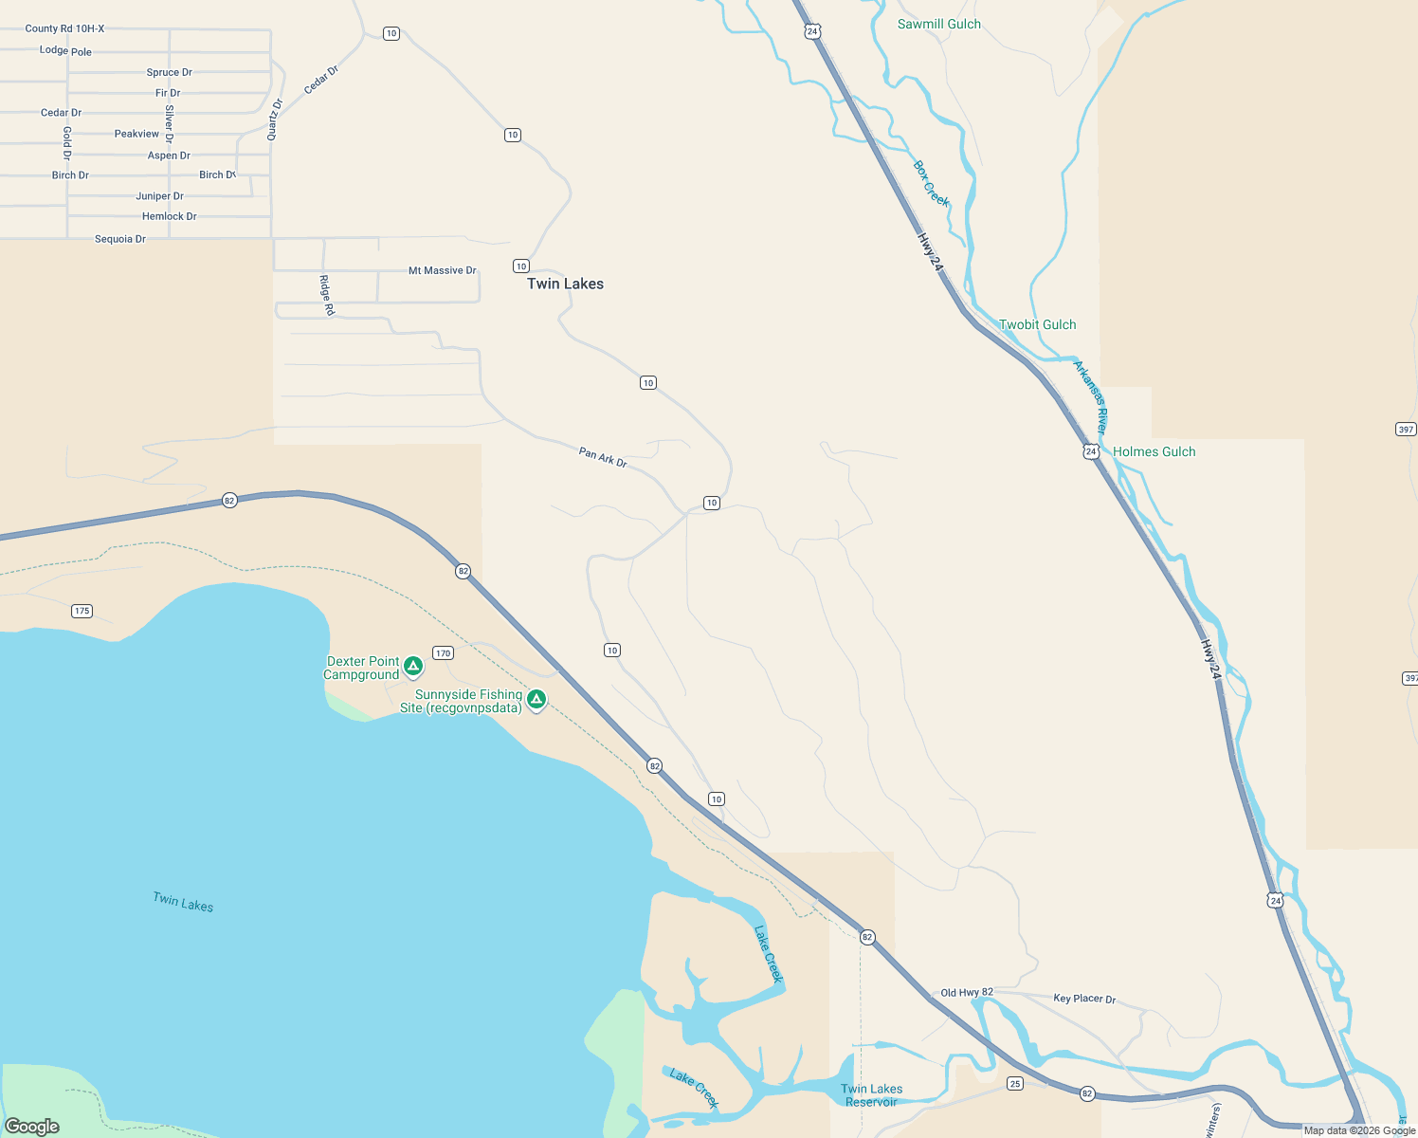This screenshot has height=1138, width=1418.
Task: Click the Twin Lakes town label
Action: [x=565, y=284]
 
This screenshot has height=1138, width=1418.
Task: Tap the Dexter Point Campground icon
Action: [x=413, y=667]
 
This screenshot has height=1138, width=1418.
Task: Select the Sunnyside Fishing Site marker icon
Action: [x=536, y=700]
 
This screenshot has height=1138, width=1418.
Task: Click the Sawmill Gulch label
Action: [x=939, y=24]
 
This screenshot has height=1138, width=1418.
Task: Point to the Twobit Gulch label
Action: [x=1038, y=324]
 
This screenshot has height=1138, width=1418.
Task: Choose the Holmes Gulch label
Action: [x=1154, y=451]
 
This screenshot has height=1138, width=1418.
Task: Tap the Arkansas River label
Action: [x=1090, y=396]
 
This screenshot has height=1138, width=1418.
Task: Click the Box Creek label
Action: [x=931, y=183]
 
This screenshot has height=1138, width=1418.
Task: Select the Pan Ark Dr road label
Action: [x=603, y=457]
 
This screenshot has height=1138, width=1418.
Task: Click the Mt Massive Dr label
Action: [x=442, y=270]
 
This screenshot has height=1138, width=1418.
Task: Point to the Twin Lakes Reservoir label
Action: [x=872, y=1095]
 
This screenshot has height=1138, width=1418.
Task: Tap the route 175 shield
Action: [x=82, y=611]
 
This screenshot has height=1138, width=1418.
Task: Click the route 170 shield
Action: [x=443, y=652]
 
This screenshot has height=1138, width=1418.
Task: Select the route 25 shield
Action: [x=1015, y=1083]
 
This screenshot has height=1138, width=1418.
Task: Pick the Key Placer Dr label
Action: [x=1084, y=999]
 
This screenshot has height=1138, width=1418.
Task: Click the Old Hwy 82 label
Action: [x=967, y=992]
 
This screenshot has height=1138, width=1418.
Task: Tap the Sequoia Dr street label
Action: [x=120, y=239]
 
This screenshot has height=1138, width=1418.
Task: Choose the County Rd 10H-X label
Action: [x=64, y=28]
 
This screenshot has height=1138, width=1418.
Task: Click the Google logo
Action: [x=32, y=1127]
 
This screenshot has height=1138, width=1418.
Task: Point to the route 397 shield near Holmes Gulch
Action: [x=1406, y=430]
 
